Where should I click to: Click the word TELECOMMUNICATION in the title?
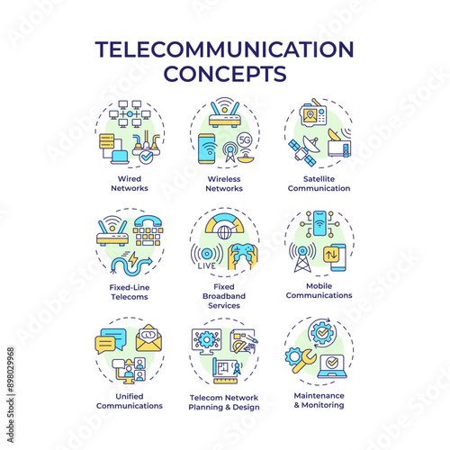224,49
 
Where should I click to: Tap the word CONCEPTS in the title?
225,74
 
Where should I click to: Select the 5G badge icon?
244,140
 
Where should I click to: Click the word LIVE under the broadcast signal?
207,265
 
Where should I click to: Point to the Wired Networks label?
130,184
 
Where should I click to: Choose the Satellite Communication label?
319,184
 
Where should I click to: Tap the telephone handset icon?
148,221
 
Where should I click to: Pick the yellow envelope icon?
148,338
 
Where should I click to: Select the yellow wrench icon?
304,362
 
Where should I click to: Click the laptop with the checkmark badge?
332,366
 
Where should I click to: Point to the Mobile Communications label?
319,291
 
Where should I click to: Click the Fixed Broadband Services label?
224,296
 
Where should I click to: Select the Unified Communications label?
130,400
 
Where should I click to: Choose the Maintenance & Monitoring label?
319,400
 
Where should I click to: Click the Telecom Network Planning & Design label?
224,402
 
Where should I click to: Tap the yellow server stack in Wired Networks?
107,141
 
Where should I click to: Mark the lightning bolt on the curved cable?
133,259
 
